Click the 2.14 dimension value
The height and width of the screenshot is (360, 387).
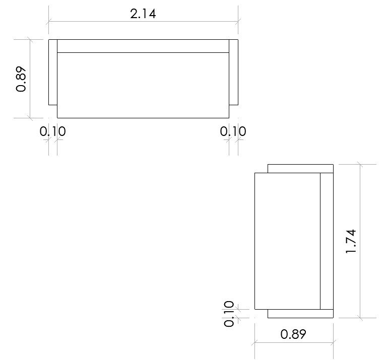(x=143, y=14)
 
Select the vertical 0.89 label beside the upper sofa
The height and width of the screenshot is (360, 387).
(x=21, y=79)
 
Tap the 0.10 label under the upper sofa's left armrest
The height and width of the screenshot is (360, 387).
(x=53, y=132)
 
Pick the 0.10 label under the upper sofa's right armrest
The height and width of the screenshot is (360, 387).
(x=233, y=132)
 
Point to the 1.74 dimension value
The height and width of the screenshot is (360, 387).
(x=351, y=241)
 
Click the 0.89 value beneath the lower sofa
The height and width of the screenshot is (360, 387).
(x=293, y=334)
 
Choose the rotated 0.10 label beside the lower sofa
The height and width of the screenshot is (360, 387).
(x=229, y=314)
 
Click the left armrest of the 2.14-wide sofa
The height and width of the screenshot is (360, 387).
(x=53, y=72)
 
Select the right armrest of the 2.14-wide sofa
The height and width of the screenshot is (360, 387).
(x=233, y=72)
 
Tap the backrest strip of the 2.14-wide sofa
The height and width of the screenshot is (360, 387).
(x=143, y=46)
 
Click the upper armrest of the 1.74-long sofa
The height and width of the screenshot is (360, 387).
(x=300, y=169)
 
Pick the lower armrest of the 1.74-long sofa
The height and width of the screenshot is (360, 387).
(x=300, y=313)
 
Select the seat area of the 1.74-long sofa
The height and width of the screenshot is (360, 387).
(x=287, y=241)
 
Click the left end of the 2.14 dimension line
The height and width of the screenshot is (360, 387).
(x=49, y=21)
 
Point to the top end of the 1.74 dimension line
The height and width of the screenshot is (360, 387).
(x=360, y=165)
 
